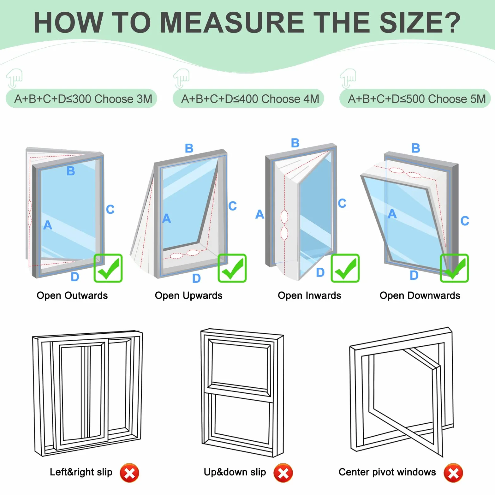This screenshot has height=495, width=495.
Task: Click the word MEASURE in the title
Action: [232, 22]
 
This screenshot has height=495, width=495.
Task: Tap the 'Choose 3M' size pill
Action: [81, 98]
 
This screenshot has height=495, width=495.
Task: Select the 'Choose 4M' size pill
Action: [248, 98]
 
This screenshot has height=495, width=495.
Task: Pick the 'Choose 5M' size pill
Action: [415, 98]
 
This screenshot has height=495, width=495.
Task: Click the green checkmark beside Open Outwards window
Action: [108, 268]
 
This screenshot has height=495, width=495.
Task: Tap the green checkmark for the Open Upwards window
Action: [232, 268]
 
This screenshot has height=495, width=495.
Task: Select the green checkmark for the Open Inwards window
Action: [345, 268]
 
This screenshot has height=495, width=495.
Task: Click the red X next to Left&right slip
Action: [129, 473]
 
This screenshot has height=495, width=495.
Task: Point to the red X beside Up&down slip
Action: [283, 473]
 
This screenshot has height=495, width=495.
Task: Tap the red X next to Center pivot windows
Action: [453, 473]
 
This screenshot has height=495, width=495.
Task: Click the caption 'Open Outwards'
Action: [72, 295]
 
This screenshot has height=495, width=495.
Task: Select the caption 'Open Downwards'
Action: [420, 295]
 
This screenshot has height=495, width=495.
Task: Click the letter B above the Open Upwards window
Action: [189, 148]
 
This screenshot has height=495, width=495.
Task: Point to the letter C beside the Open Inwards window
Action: [342, 203]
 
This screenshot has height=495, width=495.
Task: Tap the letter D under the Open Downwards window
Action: [414, 275]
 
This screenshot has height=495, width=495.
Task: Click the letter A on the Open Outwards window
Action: [48, 225]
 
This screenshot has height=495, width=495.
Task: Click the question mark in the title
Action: [450, 22]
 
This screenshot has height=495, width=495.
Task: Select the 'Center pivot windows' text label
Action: [387, 472]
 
